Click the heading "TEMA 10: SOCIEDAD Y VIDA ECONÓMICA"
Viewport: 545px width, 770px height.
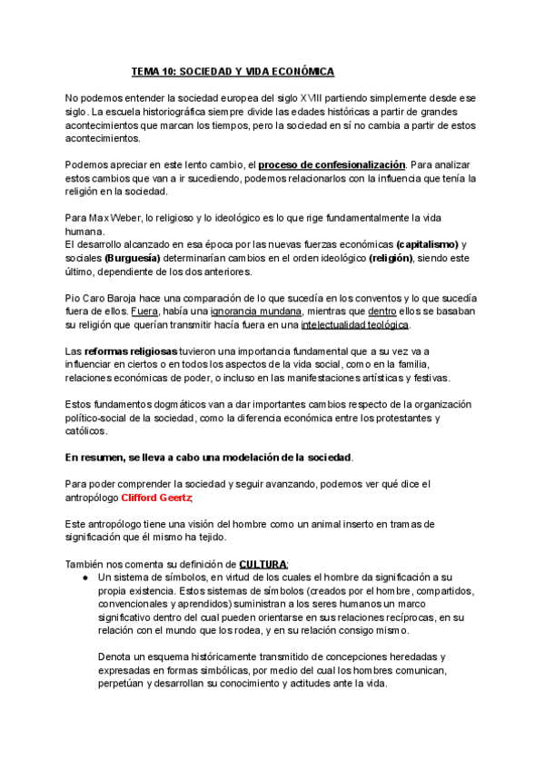233,71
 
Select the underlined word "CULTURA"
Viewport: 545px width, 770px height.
263,563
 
